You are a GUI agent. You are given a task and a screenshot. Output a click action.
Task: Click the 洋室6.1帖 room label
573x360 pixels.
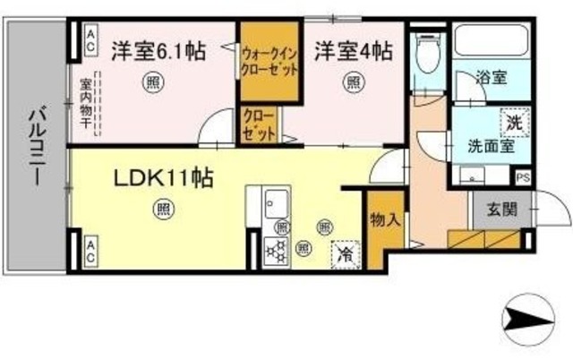(158, 51)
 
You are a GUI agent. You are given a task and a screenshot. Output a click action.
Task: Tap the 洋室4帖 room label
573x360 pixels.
(352, 51)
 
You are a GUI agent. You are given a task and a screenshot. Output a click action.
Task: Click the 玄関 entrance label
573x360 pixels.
(501, 210)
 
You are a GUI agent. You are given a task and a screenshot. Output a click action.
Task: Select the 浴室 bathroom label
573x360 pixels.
(492, 78)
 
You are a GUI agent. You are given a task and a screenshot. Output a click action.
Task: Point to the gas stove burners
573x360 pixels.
(273, 249)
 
